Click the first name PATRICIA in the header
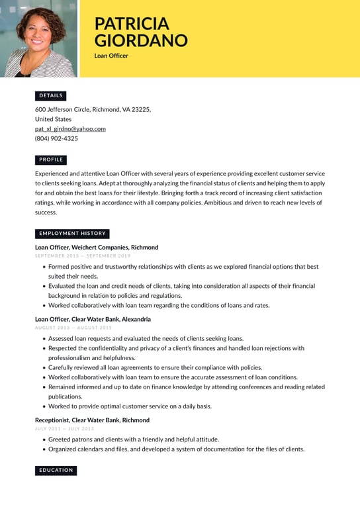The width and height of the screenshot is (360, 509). pyautogui.click(x=131, y=23)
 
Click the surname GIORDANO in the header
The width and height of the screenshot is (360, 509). pyautogui.click(x=140, y=40)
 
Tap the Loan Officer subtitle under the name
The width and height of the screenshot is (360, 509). pyautogui.click(x=111, y=56)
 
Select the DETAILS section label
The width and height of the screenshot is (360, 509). pyautogui.click(x=51, y=96)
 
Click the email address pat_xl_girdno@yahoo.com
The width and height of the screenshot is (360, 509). pyautogui.click(x=70, y=129)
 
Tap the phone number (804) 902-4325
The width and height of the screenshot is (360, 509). pyautogui.click(x=56, y=139)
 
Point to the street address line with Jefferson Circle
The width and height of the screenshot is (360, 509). pyautogui.click(x=93, y=109)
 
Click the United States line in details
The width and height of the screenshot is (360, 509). pyautogui.click(x=53, y=119)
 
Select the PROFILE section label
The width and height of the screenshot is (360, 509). pyautogui.click(x=51, y=160)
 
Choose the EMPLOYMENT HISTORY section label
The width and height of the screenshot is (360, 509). pyautogui.click(x=72, y=234)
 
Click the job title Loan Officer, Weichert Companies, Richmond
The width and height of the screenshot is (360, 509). pyautogui.click(x=97, y=248)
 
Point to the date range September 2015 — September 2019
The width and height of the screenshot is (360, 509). pyautogui.click(x=83, y=255)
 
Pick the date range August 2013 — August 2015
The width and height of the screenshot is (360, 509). pyautogui.click(x=73, y=328)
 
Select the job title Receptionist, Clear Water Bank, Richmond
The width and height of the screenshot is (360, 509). pyautogui.click(x=92, y=420)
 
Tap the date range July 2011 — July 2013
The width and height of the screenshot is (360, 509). pyautogui.click(x=64, y=429)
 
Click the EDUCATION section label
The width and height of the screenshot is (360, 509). pyautogui.click(x=56, y=471)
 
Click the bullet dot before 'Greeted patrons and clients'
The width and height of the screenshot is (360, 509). pyautogui.click(x=44, y=439)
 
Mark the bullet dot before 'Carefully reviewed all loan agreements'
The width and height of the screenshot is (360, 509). pyautogui.click(x=44, y=367)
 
